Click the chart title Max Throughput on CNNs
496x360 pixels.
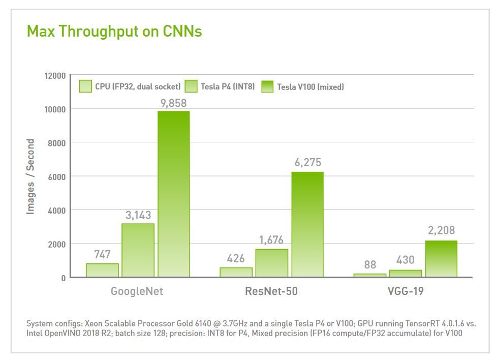coord(114,32)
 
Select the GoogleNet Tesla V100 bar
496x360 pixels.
coord(173,194)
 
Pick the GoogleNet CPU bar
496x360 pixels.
coord(102,270)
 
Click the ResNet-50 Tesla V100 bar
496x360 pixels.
coord(307,224)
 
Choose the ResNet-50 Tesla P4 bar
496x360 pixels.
coord(271,263)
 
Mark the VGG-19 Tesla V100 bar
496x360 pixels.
coord(441,259)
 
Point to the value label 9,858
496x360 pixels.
coord(173,103)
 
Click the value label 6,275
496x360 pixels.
coord(307,163)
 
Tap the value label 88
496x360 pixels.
coord(370,265)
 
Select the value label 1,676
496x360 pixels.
coord(271,240)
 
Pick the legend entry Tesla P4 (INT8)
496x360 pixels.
coord(220,86)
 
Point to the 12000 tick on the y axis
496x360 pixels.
coord(55,76)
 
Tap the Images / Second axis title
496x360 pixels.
coord(31,176)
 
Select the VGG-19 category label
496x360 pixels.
coord(405,292)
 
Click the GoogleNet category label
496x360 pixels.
coord(137,292)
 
